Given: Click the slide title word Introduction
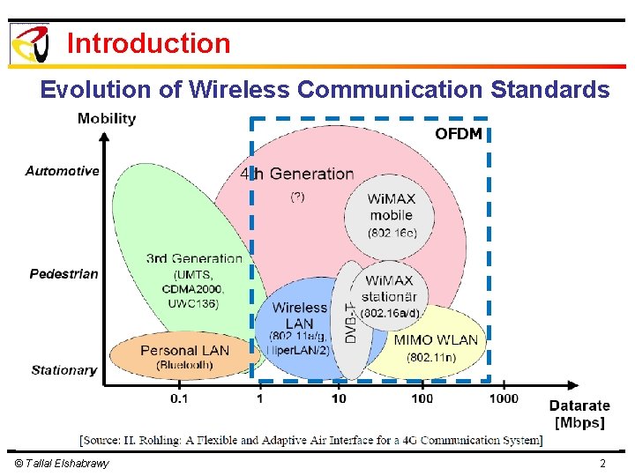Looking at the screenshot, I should [x=148, y=43].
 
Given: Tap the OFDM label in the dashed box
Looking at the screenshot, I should [x=458, y=134].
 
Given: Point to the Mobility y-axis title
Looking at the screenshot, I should [x=107, y=118].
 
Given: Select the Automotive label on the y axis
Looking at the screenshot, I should [x=62, y=171].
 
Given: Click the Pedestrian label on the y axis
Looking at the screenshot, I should [x=63, y=274].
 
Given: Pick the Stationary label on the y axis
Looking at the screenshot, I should [x=63, y=370].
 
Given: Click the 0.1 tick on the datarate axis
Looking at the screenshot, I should [x=179, y=399].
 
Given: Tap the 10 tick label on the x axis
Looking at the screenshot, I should [x=339, y=399].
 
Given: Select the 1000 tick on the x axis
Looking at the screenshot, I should [x=504, y=399].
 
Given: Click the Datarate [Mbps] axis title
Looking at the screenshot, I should [x=579, y=413].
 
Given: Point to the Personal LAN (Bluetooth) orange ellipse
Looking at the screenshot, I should [x=184, y=355].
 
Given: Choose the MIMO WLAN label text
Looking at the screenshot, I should [x=436, y=340].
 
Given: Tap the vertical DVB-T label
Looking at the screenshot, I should [x=350, y=323].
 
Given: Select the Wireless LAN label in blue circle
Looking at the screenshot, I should [x=300, y=316].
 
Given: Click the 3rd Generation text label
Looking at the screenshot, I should [x=194, y=258].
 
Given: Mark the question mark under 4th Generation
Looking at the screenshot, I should [x=297, y=197].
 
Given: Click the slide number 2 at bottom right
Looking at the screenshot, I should [x=602, y=464].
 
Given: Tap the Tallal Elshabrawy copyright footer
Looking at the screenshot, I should [x=62, y=464].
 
